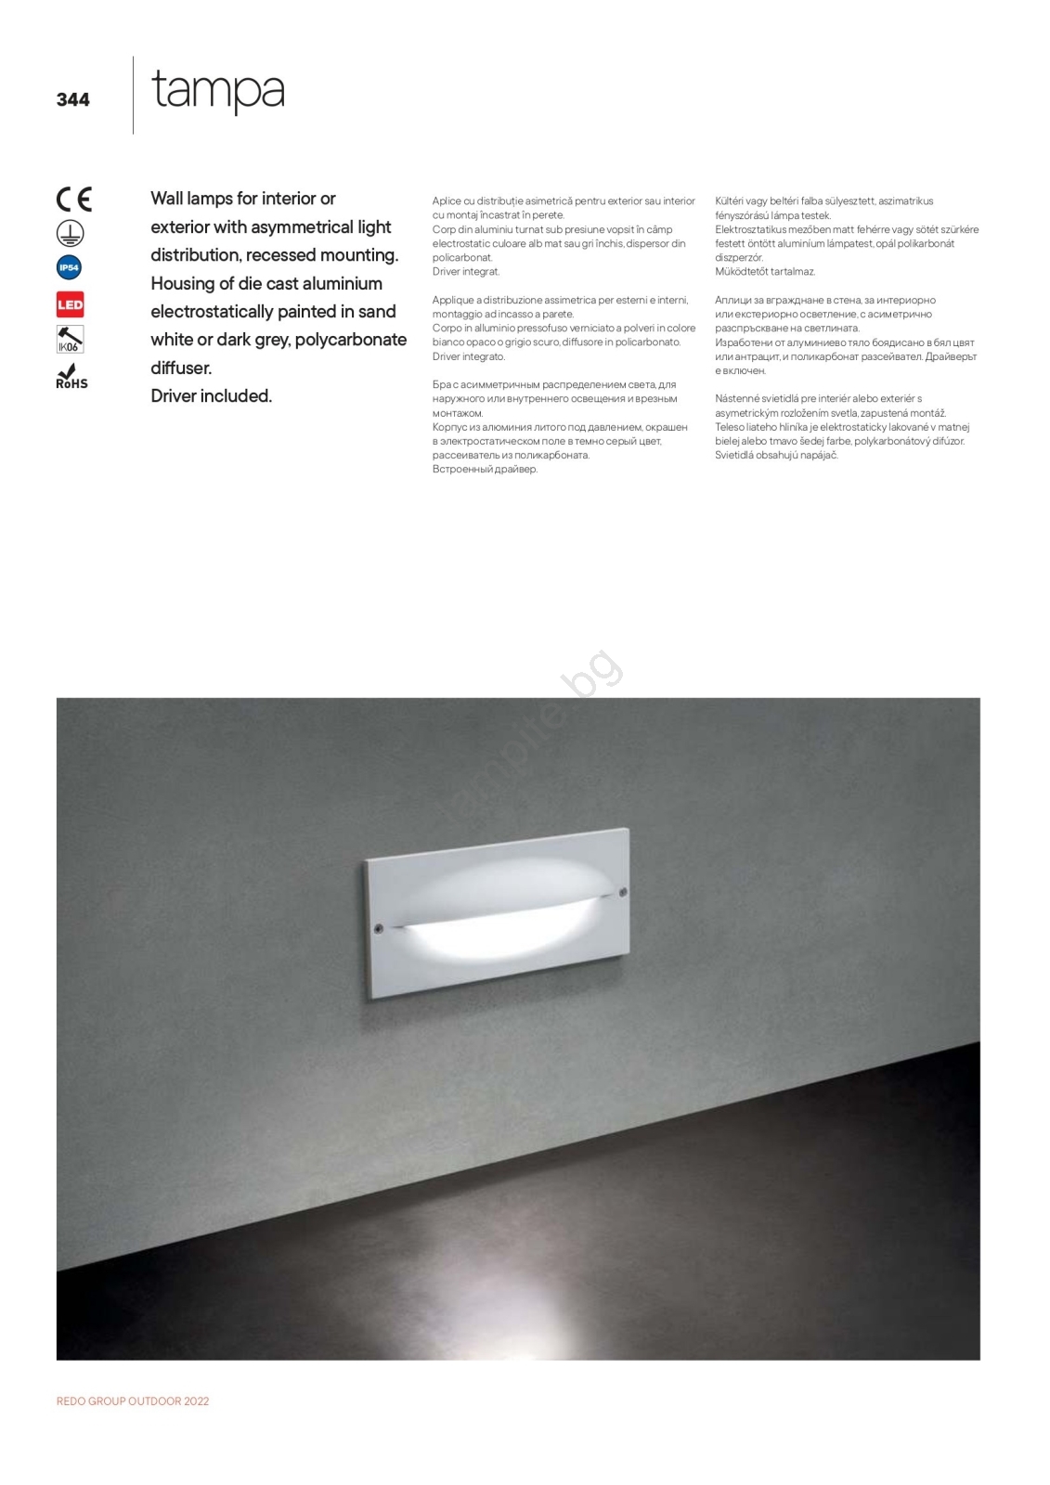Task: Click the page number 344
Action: point(72,99)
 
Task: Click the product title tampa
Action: point(217,91)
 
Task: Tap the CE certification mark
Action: point(74,200)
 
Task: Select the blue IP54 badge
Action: point(70,268)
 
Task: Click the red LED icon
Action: point(71,304)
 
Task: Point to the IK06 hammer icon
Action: point(70,340)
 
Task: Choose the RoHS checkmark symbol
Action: point(71,376)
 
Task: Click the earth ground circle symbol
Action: point(71,233)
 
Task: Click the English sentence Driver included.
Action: point(211,396)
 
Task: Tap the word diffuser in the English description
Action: point(181,368)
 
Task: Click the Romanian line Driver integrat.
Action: point(465,272)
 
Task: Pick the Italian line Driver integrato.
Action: point(468,356)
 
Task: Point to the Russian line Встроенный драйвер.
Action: point(485,470)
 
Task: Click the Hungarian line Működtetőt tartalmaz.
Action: point(764,272)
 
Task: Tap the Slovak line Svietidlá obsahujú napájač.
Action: point(776,456)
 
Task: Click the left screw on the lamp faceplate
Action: point(378,928)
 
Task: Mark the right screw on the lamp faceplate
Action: point(623,893)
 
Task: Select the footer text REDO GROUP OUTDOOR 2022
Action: point(133,1401)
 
